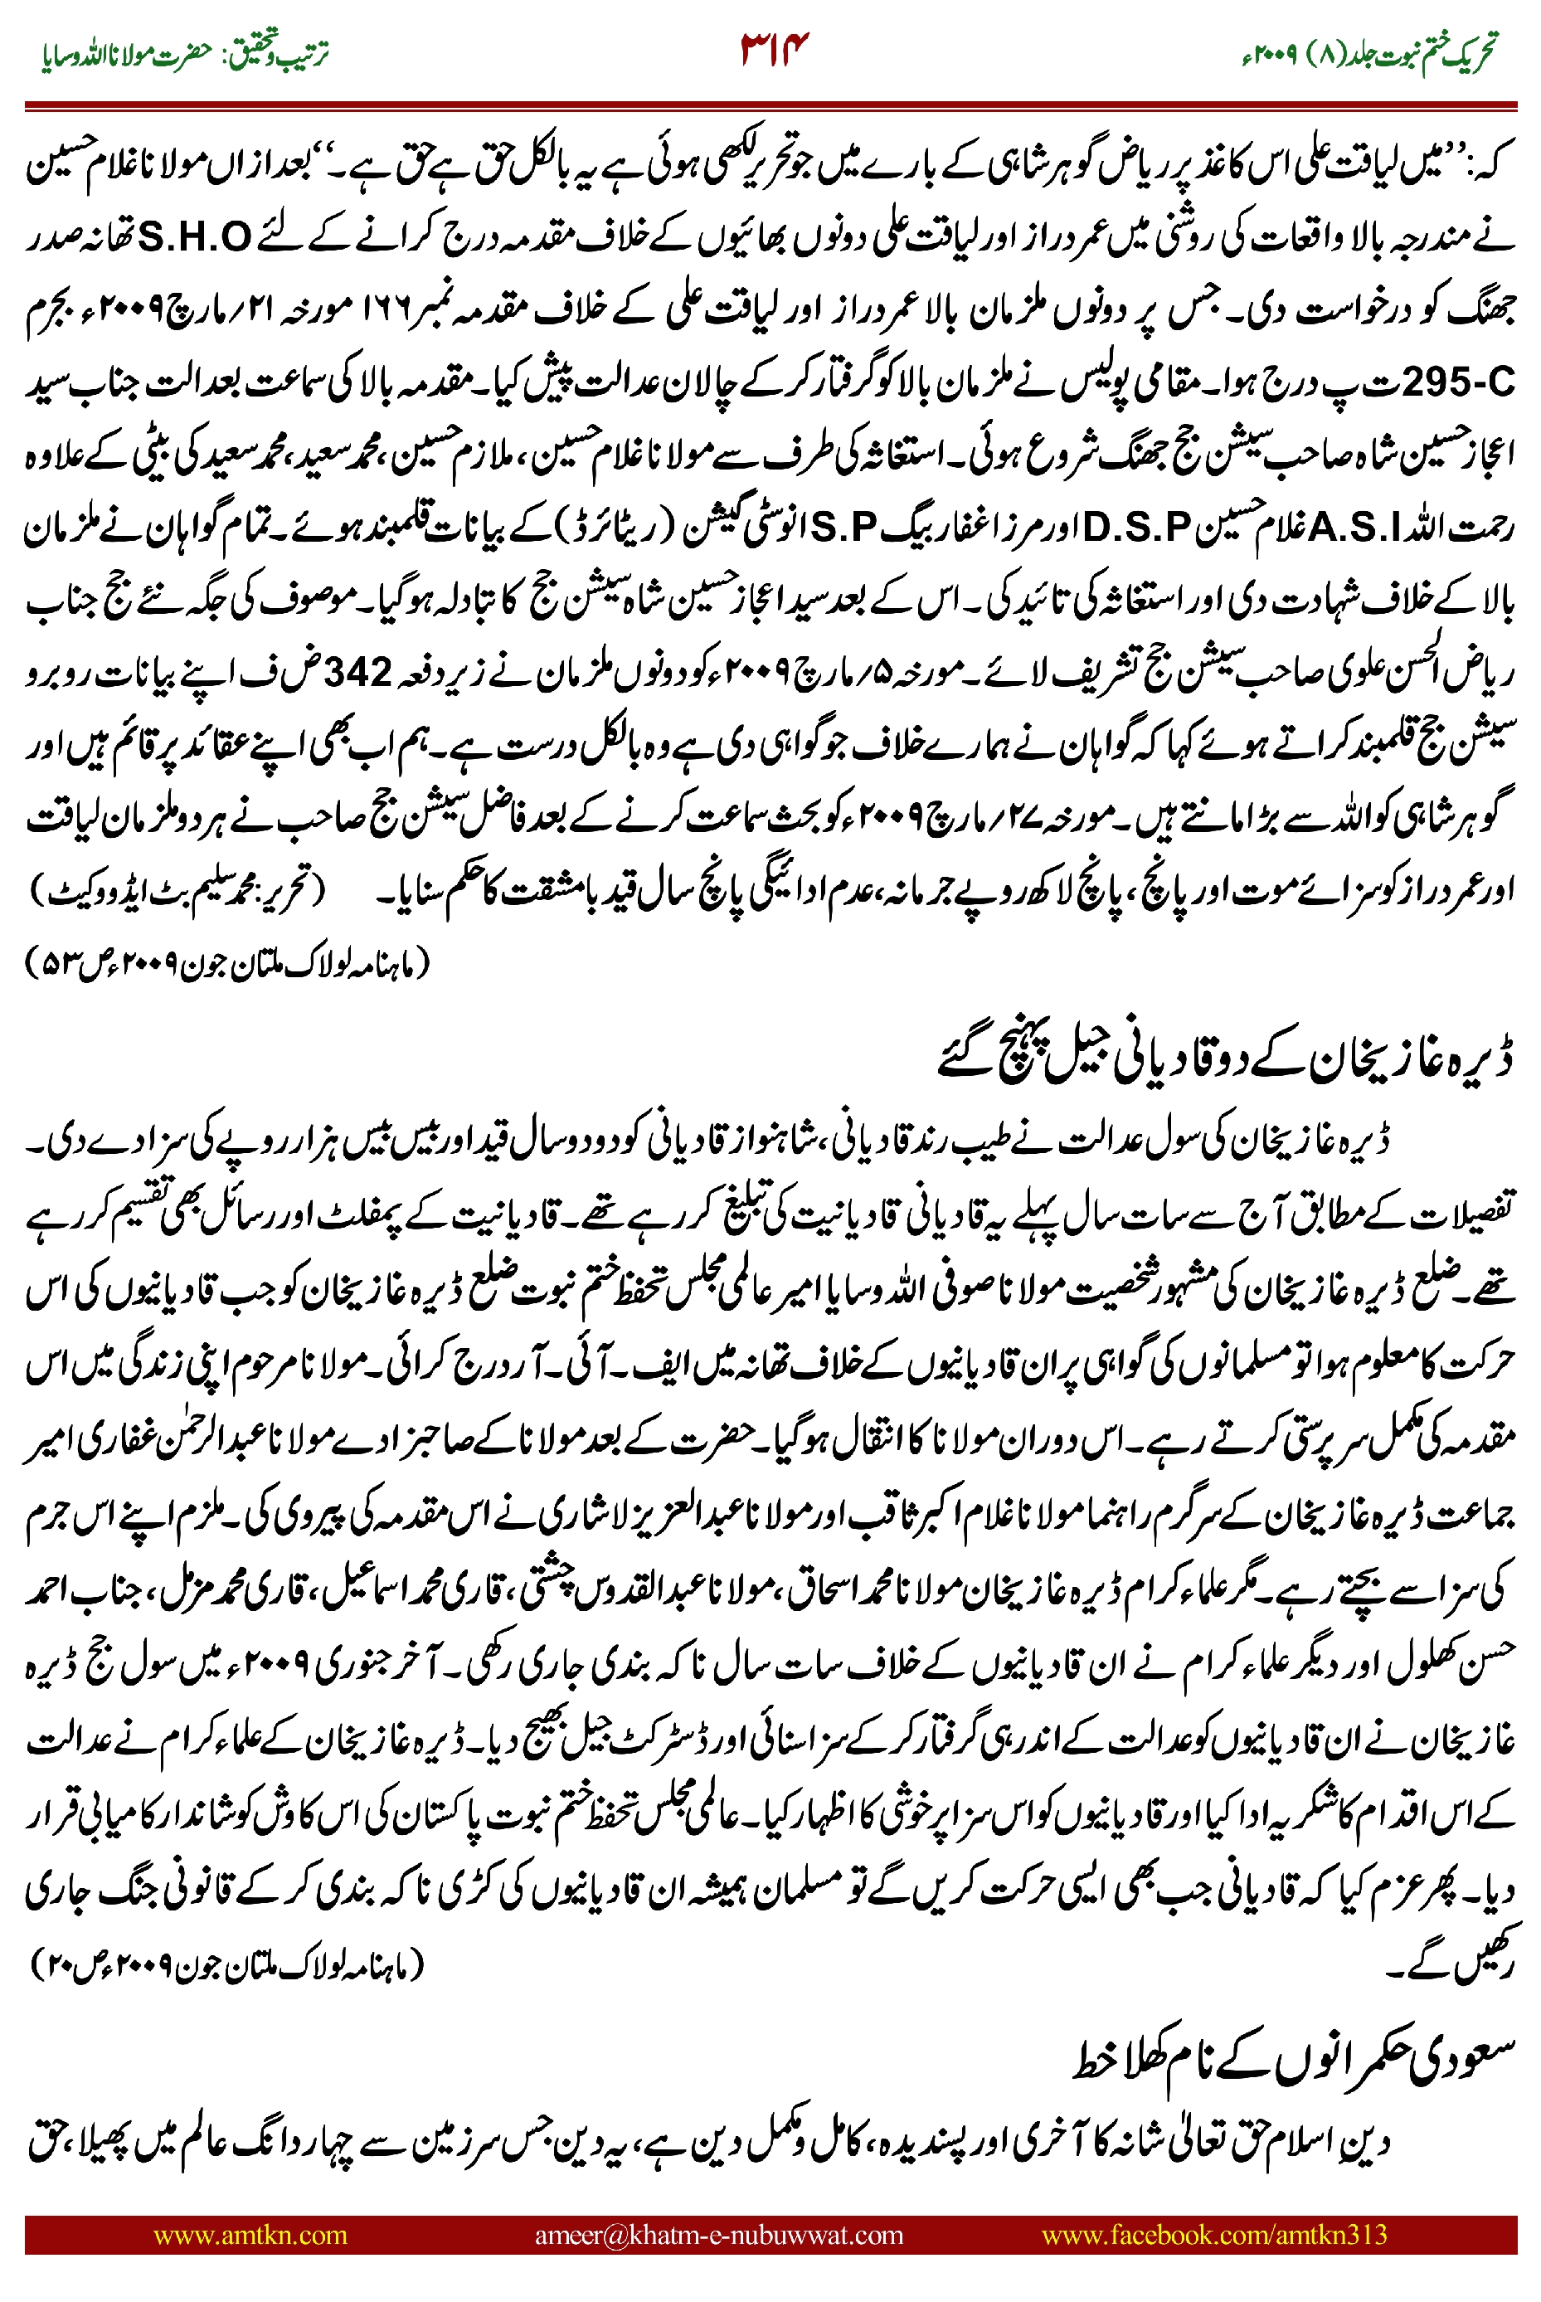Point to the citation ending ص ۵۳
tap(226, 962)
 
